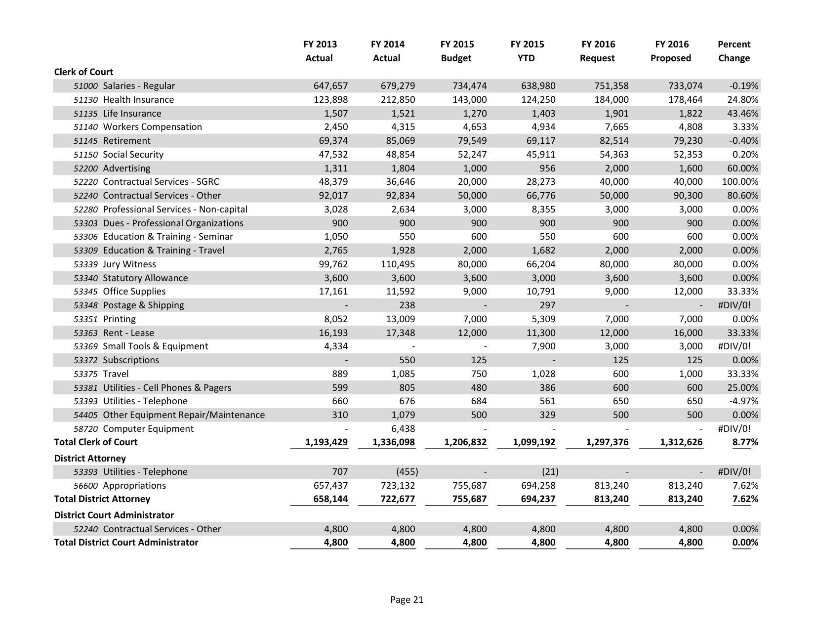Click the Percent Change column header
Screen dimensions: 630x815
(x=733, y=51)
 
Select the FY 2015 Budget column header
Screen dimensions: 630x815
(x=456, y=51)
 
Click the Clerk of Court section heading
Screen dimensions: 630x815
(x=83, y=72)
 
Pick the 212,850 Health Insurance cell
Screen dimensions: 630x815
(x=398, y=100)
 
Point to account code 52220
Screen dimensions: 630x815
(x=85, y=182)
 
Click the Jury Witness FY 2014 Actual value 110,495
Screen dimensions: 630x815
(x=398, y=264)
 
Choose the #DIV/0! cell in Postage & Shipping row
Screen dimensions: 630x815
(x=734, y=305)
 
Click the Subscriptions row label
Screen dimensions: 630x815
(x=130, y=360)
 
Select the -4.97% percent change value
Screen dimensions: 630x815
(x=743, y=401)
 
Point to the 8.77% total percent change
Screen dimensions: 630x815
(x=745, y=442)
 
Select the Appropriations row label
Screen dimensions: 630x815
(x=134, y=486)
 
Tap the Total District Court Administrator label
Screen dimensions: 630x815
(x=126, y=543)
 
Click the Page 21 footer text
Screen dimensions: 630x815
(x=407, y=600)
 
